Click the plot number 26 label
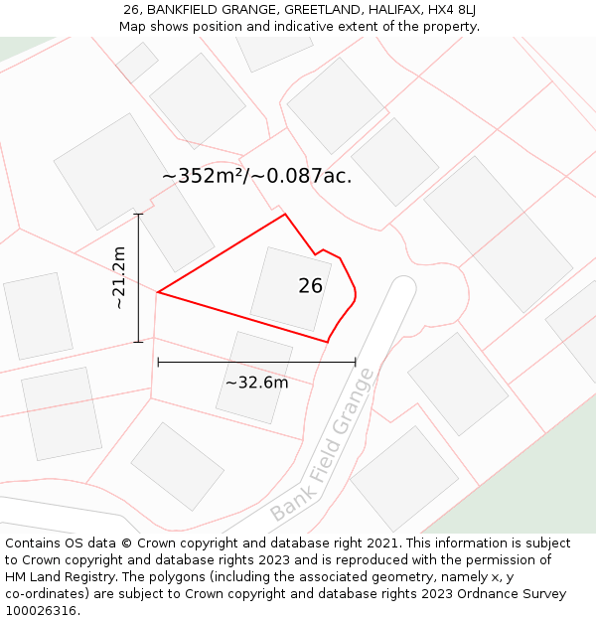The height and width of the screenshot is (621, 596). [310, 286]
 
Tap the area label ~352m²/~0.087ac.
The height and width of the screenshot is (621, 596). [256, 177]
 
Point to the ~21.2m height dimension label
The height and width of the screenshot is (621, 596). [119, 278]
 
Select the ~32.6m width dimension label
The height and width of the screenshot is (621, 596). [256, 383]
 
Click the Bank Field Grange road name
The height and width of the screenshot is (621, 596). [323, 446]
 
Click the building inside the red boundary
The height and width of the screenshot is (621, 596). [290, 289]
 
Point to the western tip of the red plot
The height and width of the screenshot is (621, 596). [158, 292]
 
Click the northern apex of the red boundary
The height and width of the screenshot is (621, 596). [285, 214]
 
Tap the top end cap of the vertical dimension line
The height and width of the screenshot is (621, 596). [138, 214]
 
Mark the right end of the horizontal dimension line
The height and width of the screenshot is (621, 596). [355, 363]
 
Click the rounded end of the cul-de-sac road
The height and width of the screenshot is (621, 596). [402, 288]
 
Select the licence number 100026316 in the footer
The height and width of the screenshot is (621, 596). [43, 610]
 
